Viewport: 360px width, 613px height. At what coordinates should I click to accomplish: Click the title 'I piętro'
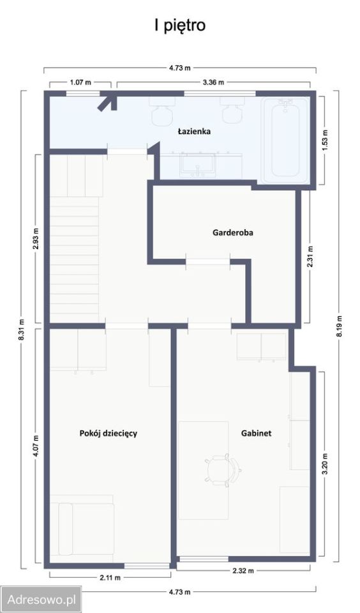click(180, 26)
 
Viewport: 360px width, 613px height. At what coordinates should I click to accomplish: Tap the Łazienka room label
click(194, 132)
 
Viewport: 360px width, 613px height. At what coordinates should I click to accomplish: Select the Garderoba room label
click(233, 232)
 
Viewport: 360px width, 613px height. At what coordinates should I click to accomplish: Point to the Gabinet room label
click(257, 433)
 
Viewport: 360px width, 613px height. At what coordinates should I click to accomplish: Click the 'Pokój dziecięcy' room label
click(109, 434)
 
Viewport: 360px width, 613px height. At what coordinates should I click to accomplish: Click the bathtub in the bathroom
click(285, 140)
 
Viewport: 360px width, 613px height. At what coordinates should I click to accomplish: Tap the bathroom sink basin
click(199, 164)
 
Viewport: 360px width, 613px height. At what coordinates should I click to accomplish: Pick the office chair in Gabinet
click(223, 471)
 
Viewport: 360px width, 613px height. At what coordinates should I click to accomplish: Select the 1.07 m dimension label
click(80, 82)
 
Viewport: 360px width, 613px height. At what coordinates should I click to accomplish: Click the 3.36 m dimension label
click(213, 82)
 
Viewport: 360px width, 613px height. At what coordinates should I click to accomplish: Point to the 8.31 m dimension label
click(22, 329)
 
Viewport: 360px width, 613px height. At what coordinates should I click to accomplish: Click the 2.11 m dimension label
click(110, 577)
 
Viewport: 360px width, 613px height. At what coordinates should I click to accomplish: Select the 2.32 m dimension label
click(243, 571)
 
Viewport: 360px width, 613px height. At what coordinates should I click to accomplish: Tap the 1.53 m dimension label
click(325, 140)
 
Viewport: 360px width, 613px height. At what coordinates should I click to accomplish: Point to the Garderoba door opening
click(208, 262)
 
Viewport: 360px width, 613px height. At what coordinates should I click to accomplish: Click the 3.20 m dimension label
click(324, 464)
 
